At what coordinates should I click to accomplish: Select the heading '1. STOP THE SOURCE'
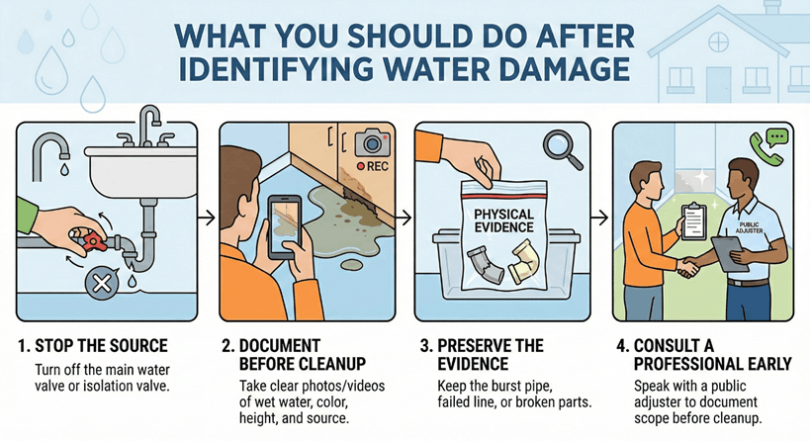tap(94, 346)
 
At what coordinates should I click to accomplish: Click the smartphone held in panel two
tap(283, 226)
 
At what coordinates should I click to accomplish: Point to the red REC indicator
tap(373, 166)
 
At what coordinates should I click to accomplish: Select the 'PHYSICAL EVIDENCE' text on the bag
tap(503, 220)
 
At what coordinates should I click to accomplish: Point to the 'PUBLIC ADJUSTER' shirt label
tap(749, 229)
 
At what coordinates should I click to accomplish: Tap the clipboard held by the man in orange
tap(692, 218)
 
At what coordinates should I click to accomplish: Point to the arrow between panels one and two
tap(208, 215)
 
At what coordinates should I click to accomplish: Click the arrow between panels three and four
tap(600, 215)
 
